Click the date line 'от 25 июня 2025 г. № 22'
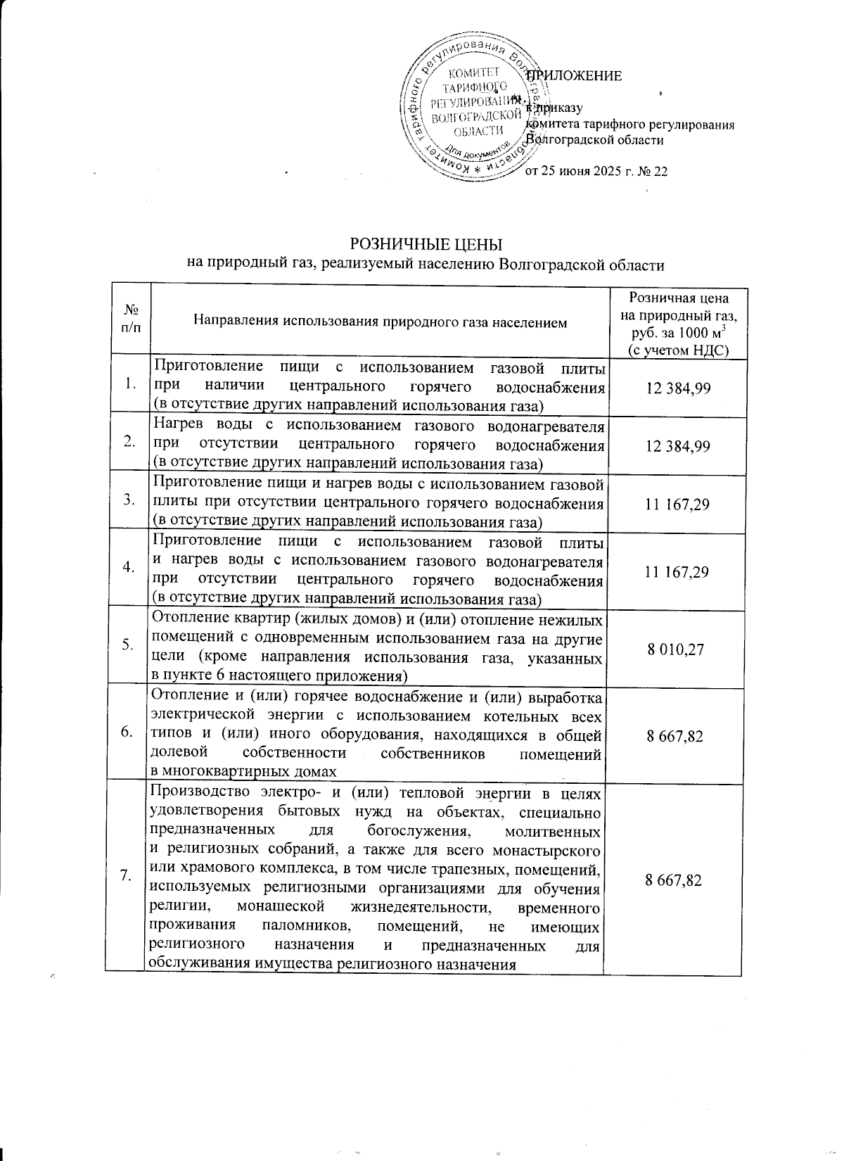pos(596,171)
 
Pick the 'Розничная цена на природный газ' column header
pos(677,324)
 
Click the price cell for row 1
pos(677,385)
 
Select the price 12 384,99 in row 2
pos(677,445)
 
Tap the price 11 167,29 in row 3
pos(677,504)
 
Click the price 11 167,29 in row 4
pos(677,571)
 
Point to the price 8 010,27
pos(677,648)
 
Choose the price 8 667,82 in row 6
pos(677,735)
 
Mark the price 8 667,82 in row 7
pos(677,880)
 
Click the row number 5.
pos(128,646)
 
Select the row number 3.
pos(128,500)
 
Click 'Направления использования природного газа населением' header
pos(380,323)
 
